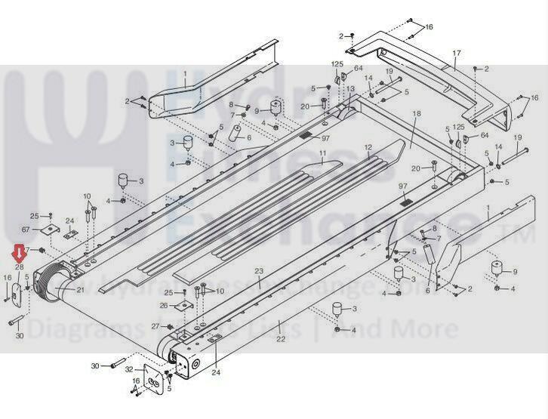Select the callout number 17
(x=456, y=53)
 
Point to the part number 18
(x=416, y=113)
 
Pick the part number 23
(x=258, y=271)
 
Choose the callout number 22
(x=280, y=340)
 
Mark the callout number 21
(x=81, y=289)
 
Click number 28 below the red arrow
(x=20, y=267)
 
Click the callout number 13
(x=350, y=88)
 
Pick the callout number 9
(x=516, y=271)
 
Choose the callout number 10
(x=87, y=196)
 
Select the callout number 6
(x=427, y=290)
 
